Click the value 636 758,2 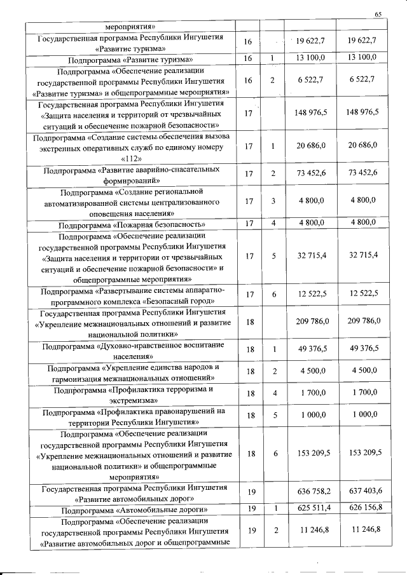(x=312, y=494)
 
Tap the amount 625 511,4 (x=312, y=510)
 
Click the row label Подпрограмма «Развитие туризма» (x=131, y=58)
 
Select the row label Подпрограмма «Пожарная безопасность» (x=131, y=224)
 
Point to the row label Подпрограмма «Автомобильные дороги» (x=131, y=510)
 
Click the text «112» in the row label (x=130, y=158)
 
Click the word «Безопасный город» (x=183, y=301)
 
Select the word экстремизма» (x=131, y=401)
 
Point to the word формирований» (x=131, y=180)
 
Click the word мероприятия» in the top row (x=131, y=27)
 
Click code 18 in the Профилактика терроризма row (x=250, y=394)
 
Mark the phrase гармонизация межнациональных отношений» (x=131, y=378)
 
